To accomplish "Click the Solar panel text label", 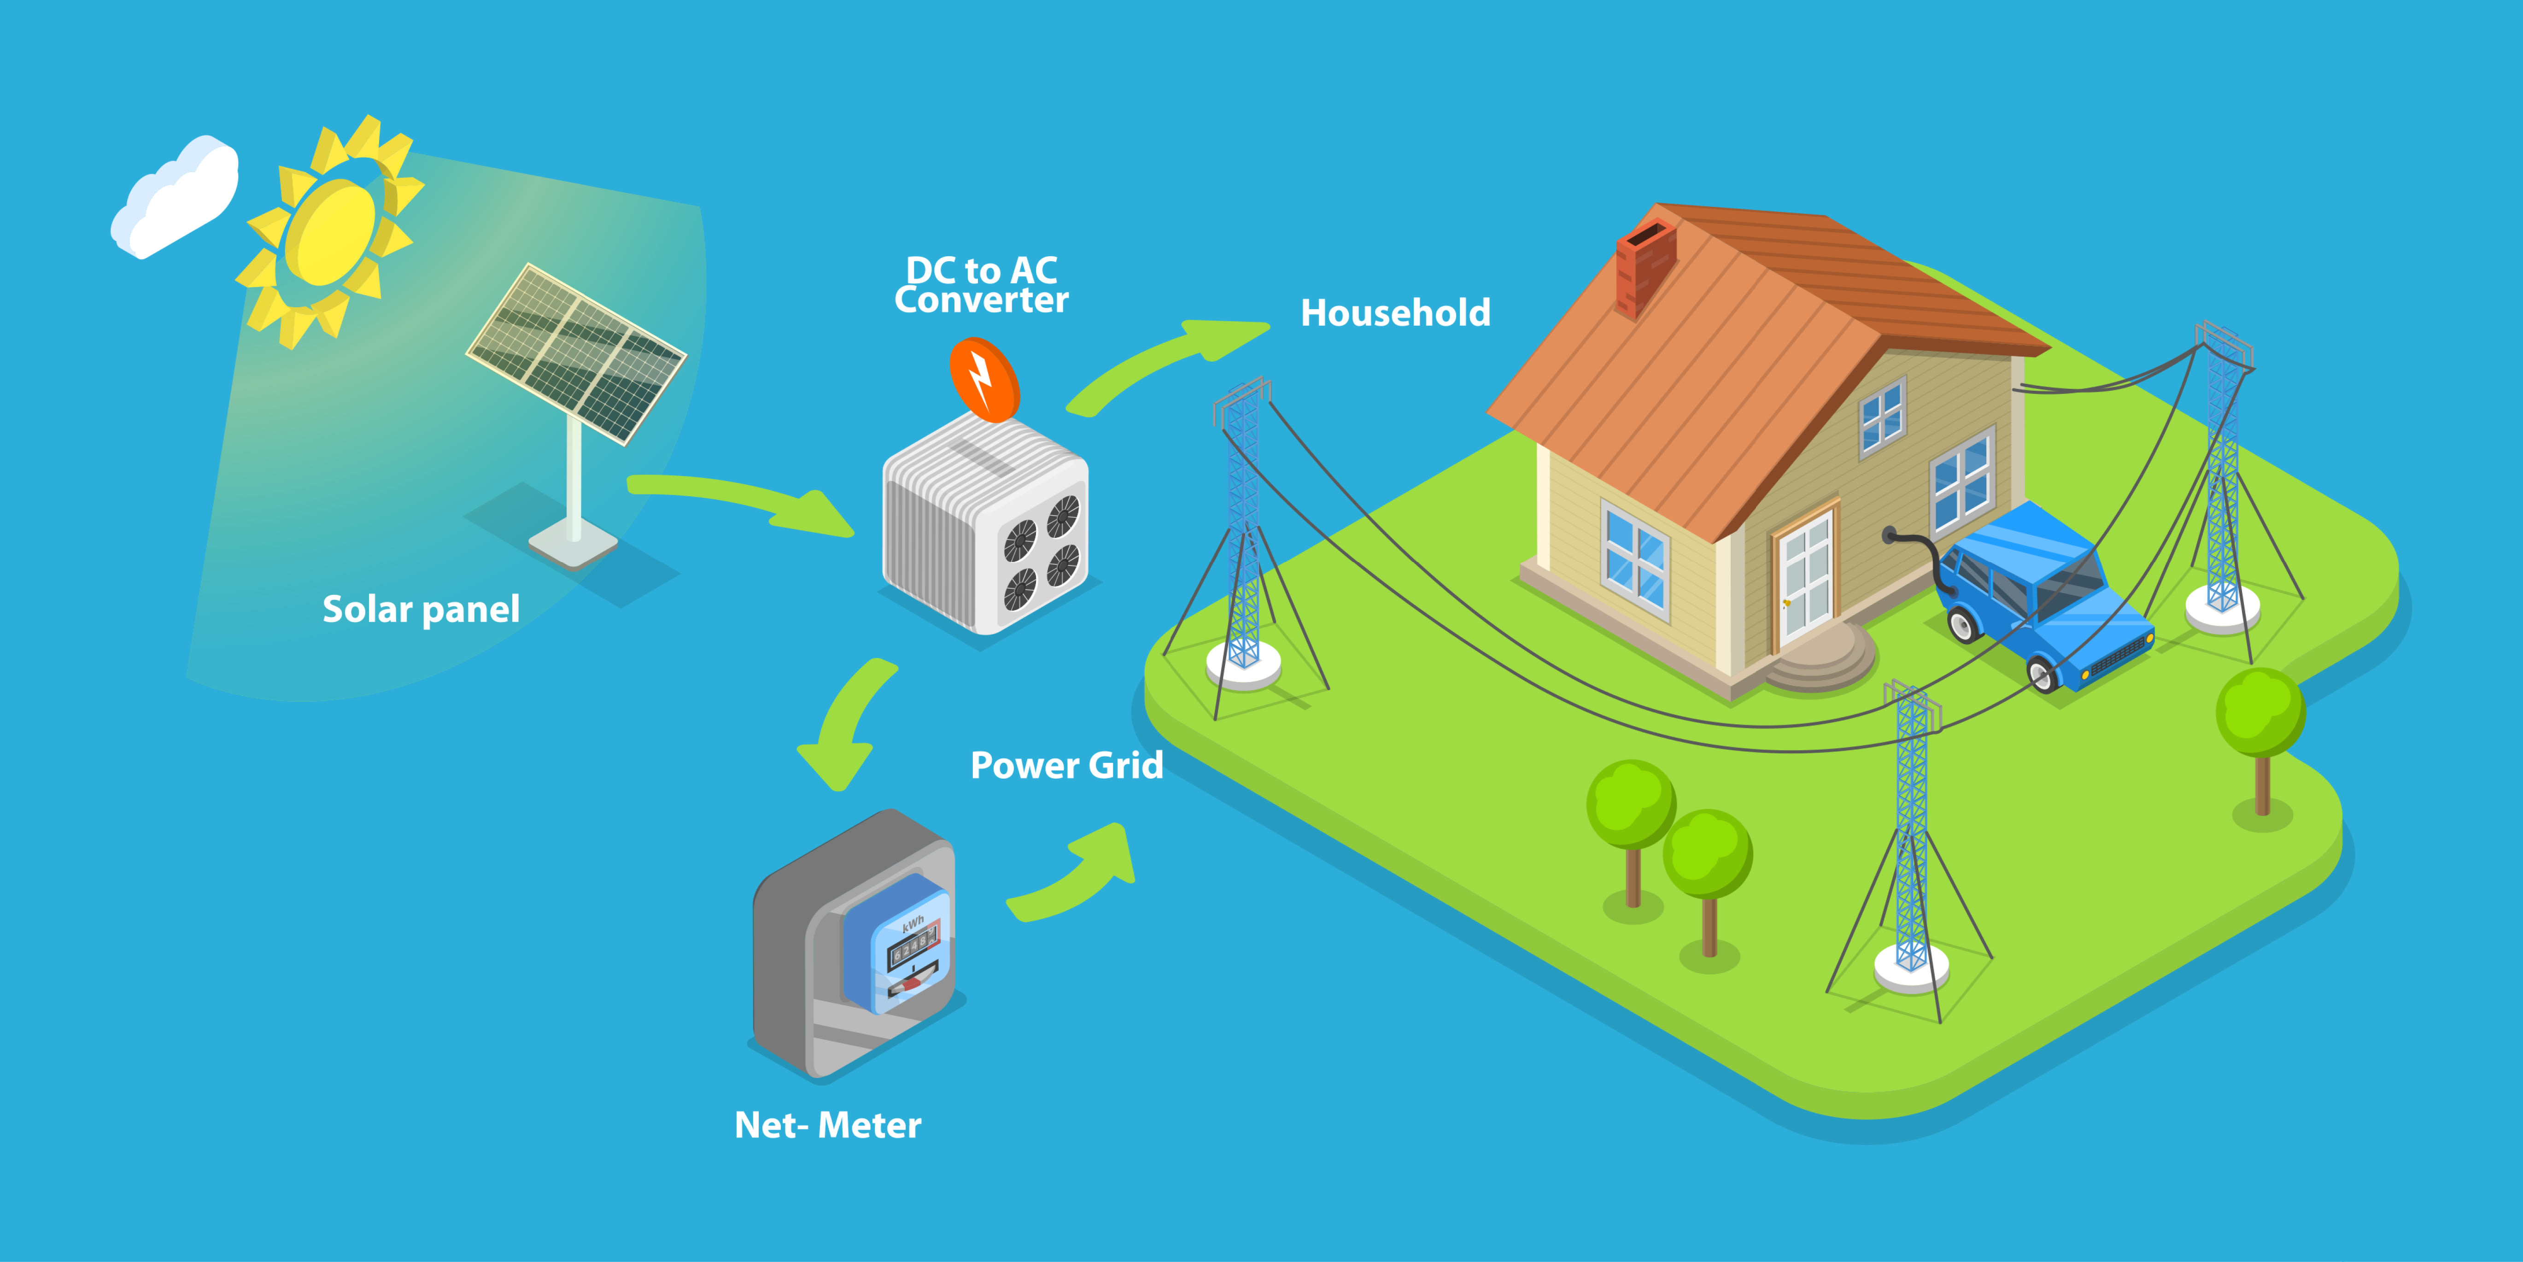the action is click(421, 610).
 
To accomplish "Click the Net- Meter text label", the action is click(828, 1125).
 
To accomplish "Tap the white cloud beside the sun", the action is click(174, 196).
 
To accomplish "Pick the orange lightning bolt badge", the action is click(984, 379).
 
